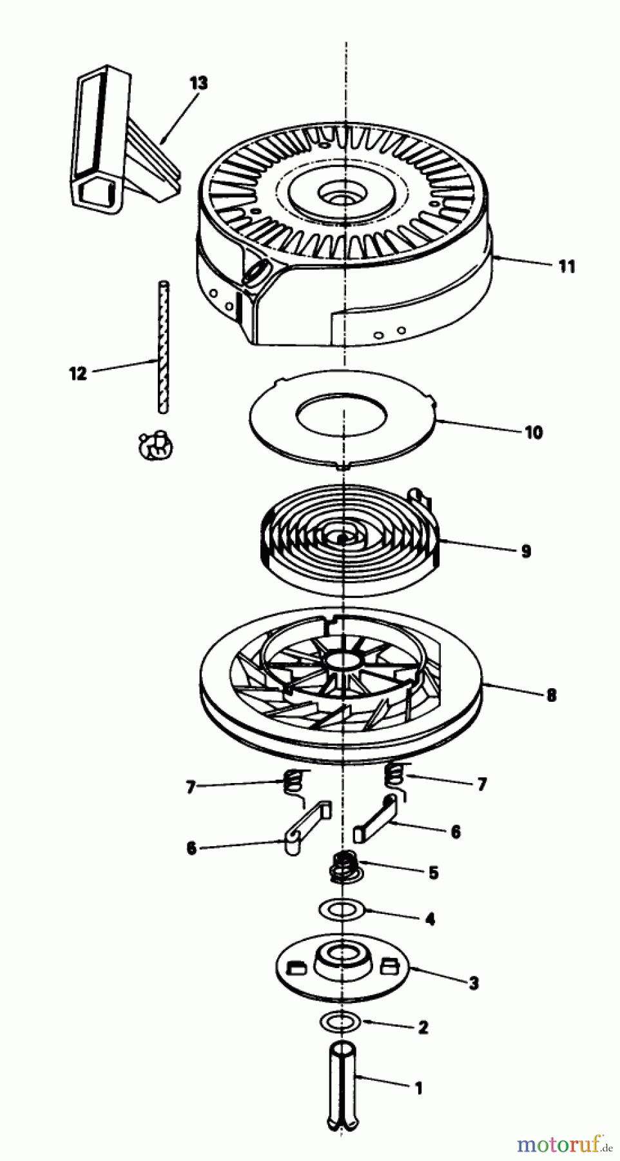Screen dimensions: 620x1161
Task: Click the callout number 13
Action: click(x=199, y=83)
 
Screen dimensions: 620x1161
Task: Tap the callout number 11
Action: click(x=567, y=266)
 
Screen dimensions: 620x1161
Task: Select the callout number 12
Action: click(x=78, y=373)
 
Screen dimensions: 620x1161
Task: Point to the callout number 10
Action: click(x=534, y=432)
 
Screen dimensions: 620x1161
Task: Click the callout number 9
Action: click(x=526, y=551)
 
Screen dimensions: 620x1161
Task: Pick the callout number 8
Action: click(x=551, y=695)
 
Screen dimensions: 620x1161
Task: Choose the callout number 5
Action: click(x=433, y=873)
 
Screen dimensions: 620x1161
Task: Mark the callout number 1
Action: click(x=418, y=1088)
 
